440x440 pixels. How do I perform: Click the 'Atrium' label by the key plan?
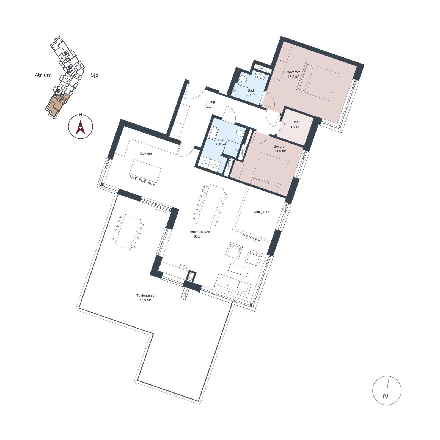pos(43,75)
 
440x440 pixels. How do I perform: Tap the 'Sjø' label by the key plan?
pos(95,75)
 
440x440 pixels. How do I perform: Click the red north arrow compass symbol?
pos(80,127)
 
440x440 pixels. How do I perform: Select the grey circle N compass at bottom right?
pos(387,390)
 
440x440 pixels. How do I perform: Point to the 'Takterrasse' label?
pos(145,296)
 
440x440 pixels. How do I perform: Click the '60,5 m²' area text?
pos(200,237)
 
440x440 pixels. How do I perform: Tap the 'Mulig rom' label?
pos(262,212)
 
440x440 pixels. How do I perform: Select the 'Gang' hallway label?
pos(211,102)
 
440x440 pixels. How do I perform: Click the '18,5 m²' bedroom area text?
pos(293,77)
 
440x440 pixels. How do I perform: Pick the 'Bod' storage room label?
pos(296,122)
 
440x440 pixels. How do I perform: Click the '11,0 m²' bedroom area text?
pos(280,151)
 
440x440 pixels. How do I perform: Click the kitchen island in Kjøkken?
pos(145,171)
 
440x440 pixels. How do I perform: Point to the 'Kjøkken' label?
pos(146,153)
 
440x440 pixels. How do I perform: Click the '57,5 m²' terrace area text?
pos(145,300)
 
